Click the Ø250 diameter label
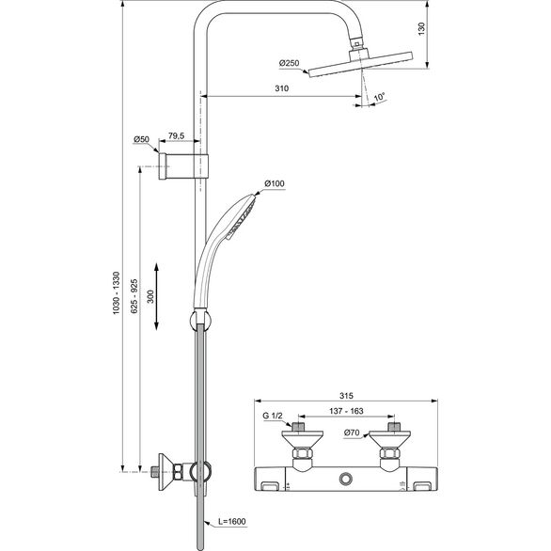[x=289, y=63]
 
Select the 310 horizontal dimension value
[x=281, y=87]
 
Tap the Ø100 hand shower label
[x=275, y=182]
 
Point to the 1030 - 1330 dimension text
[x=115, y=291]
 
